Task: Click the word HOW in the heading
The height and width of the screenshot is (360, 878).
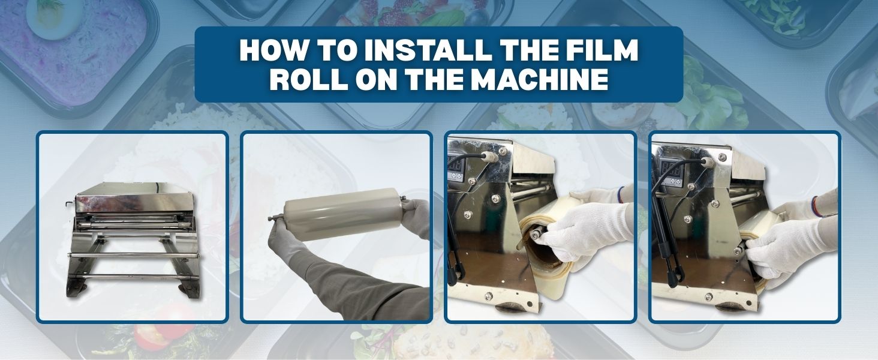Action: coord(272,50)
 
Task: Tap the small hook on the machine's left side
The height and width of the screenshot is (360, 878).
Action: coord(70,203)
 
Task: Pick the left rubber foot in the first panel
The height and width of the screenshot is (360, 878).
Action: coord(77,288)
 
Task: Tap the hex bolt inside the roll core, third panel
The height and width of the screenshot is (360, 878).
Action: coord(534,235)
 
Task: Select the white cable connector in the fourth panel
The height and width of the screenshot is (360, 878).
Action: coord(708,161)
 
